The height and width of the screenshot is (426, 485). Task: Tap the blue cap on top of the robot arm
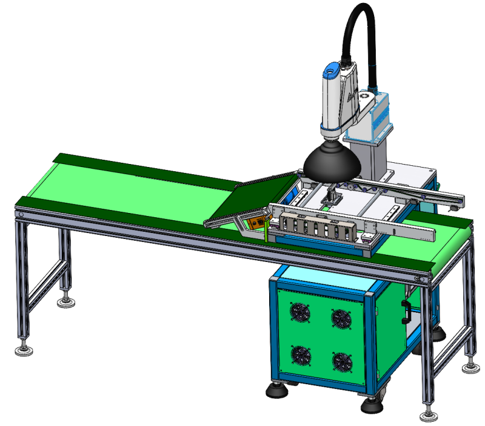click(x=330, y=70)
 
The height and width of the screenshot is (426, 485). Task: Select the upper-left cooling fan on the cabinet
click(x=300, y=313)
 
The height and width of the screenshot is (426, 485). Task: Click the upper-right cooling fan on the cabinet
click(x=341, y=318)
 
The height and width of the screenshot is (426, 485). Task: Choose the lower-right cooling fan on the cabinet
click(x=341, y=362)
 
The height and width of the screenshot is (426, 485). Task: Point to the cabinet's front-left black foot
click(x=277, y=391)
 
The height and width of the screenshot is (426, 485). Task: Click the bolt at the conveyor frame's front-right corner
click(x=421, y=278)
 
